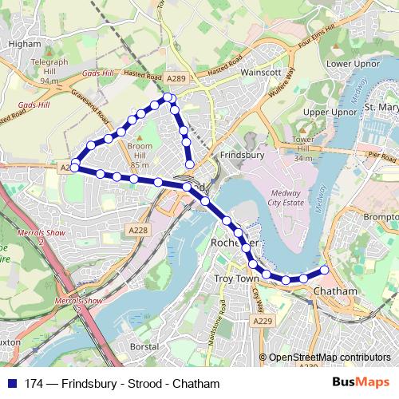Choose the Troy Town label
click(x=237, y=279)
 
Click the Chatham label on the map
click(x=336, y=291)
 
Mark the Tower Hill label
click(x=302, y=148)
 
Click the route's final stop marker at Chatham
click(x=325, y=270)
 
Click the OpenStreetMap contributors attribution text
click(x=329, y=357)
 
